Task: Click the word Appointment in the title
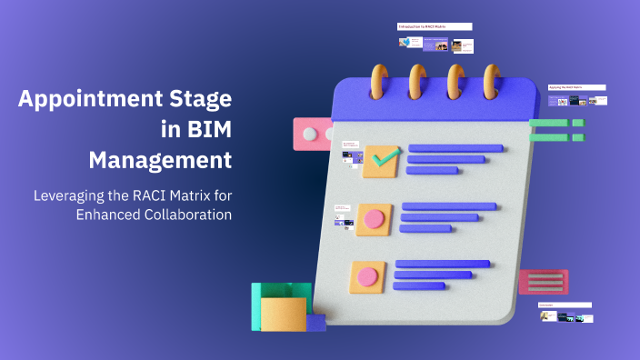click(x=86, y=98)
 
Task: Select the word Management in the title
click(x=160, y=161)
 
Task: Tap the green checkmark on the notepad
click(x=385, y=159)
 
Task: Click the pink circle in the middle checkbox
click(x=374, y=218)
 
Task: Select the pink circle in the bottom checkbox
click(x=367, y=276)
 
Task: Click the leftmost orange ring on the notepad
click(x=380, y=84)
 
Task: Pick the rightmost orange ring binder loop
click(x=492, y=84)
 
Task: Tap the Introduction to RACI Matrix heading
click(x=435, y=27)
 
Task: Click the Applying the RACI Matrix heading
click(x=576, y=88)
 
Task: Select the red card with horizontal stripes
click(x=544, y=282)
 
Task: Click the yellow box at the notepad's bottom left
click(x=283, y=315)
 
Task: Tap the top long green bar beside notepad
click(x=549, y=124)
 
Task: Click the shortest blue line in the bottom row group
click(x=419, y=285)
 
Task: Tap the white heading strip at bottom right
click(x=564, y=305)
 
